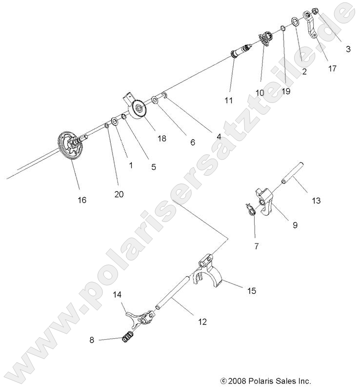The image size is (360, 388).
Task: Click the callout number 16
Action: coord(81,200)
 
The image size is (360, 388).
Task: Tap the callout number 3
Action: coord(348,49)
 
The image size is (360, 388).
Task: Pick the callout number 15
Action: coord(251,291)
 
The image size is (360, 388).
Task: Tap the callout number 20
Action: coord(119,194)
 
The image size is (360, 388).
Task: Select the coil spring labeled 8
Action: coord(127,336)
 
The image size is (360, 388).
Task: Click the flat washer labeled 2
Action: coord(296,21)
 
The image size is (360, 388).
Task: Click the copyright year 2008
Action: coord(240,381)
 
